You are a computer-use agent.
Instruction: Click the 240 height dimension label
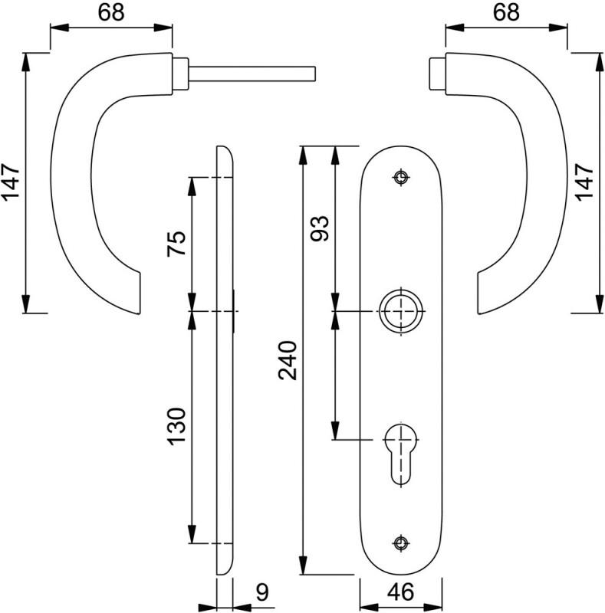(x=288, y=360)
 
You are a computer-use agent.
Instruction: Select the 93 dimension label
(x=320, y=228)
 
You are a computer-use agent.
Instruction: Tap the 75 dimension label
(x=176, y=244)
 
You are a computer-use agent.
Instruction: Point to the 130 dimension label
(x=176, y=427)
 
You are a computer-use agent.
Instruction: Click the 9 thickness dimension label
(x=262, y=592)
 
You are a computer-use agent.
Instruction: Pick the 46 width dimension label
(x=401, y=592)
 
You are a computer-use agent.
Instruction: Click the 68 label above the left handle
(x=111, y=12)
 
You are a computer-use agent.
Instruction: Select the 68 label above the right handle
(x=506, y=12)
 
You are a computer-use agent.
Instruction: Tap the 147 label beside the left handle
(x=11, y=182)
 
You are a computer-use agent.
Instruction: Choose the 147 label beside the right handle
(x=584, y=182)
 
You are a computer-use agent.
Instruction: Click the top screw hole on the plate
(x=401, y=178)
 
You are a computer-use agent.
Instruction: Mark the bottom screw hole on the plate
(x=401, y=543)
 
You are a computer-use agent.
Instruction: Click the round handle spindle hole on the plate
(x=401, y=311)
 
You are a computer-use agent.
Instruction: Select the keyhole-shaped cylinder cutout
(x=401, y=454)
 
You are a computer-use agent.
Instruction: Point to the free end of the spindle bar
(x=314, y=74)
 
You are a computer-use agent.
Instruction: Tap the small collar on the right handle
(x=438, y=74)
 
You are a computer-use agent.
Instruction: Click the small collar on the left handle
(x=180, y=74)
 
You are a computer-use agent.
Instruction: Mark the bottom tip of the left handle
(x=140, y=314)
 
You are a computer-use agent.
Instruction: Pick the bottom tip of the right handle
(x=479, y=314)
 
